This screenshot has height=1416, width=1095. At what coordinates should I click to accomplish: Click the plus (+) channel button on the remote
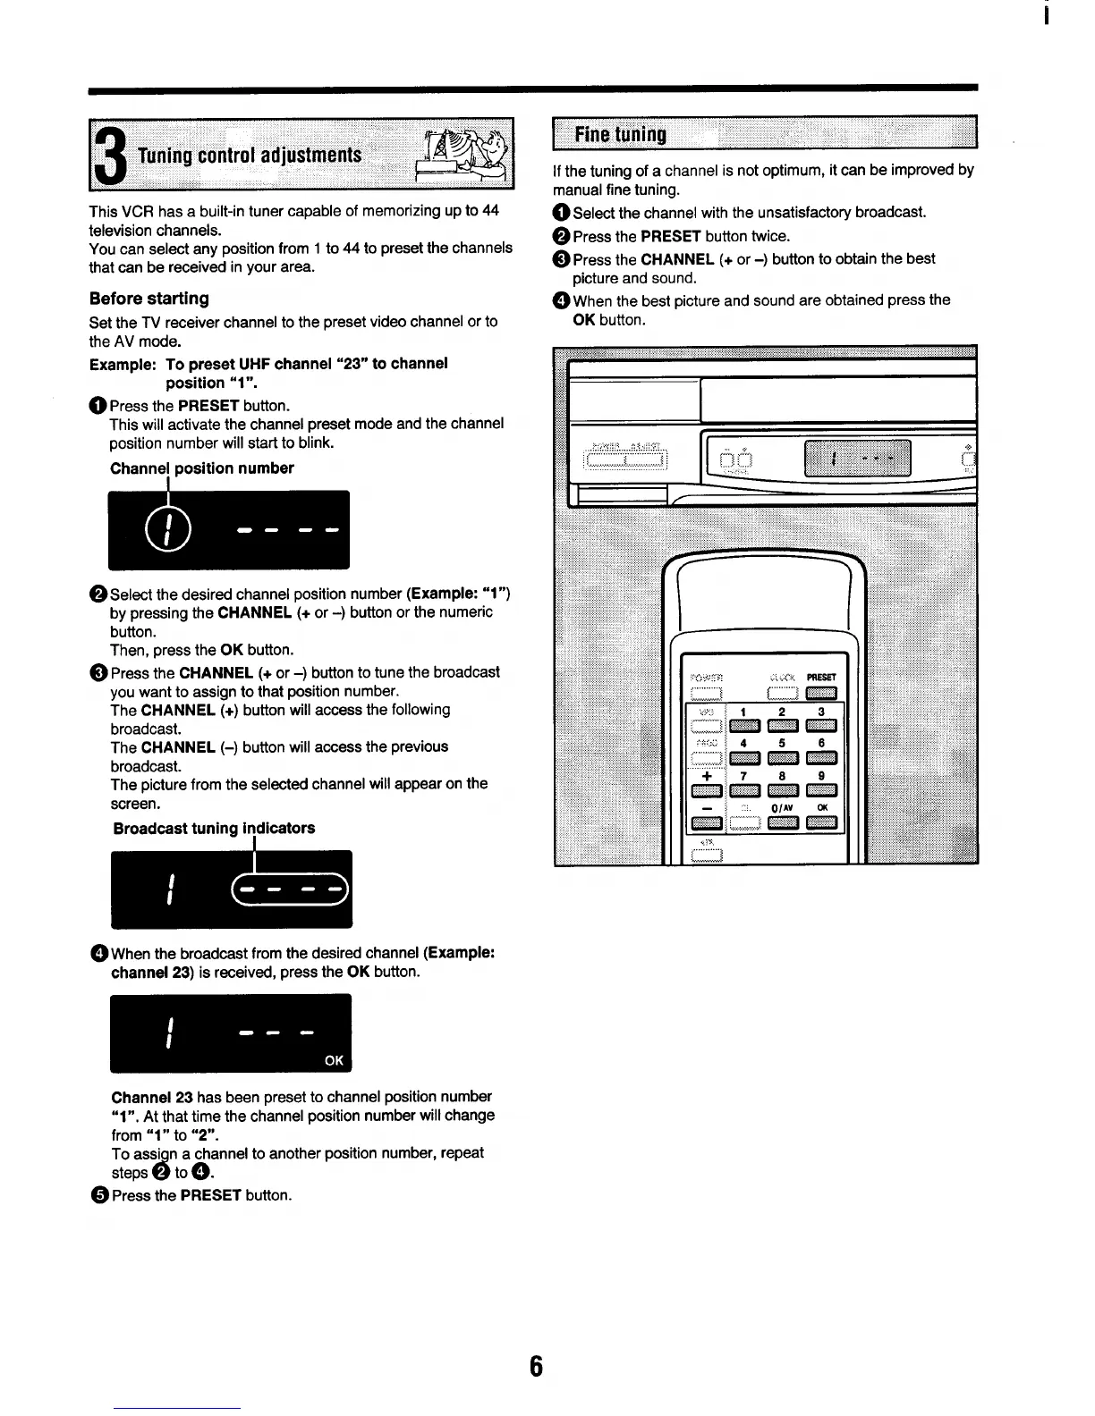tap(707, 789)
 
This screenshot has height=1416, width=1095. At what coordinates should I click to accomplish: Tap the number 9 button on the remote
tap(820, 789)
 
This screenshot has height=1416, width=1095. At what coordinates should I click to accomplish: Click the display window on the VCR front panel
tap(857, 459)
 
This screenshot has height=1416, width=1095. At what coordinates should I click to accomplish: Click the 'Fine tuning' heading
tap(620, 135)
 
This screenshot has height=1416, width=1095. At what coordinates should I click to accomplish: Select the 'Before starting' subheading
tap(149, 299)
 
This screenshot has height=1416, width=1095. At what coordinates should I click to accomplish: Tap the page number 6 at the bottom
tap(536, 1366)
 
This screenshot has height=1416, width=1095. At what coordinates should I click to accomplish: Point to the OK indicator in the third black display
tap(334, 1060)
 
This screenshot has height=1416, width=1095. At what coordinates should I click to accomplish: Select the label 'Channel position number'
tap(201, 468)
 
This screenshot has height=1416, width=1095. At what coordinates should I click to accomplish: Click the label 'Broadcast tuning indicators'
tap(214, 829)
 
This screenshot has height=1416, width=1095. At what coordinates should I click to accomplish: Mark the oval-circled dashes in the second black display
tap(289, 889)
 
